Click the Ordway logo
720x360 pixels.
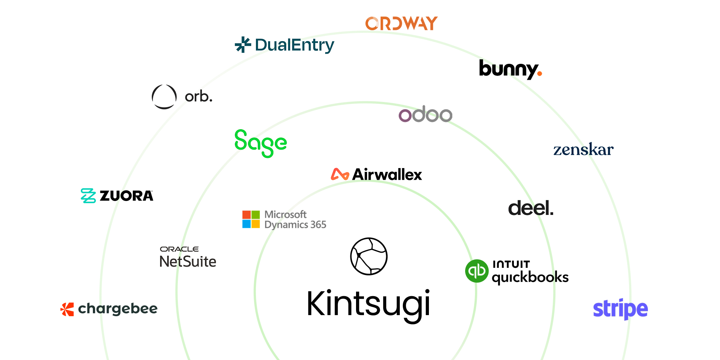pos(401,23)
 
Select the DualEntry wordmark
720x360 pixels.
pos(294,45)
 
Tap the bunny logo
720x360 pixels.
pos(510,70)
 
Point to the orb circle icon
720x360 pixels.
pos(164,97)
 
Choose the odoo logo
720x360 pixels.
pos(426,114)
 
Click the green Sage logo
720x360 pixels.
pos(261,143)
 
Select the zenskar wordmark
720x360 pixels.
pos(583,150)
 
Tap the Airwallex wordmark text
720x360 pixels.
pos(387,175)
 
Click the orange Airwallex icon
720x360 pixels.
pos(340,174)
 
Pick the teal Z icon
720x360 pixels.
pos(88,196)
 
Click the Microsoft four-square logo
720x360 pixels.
pos(251,219)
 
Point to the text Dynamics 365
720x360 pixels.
pos(295,225)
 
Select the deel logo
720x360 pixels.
pos(530,208)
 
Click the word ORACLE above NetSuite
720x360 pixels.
pos(180,249)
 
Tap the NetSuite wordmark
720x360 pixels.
pos(188,261)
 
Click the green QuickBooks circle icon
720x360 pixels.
pos(477,271)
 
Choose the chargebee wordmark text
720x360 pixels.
pos(118,309)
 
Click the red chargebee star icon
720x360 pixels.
pos(67,309)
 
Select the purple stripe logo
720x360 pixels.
pos(620,309)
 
